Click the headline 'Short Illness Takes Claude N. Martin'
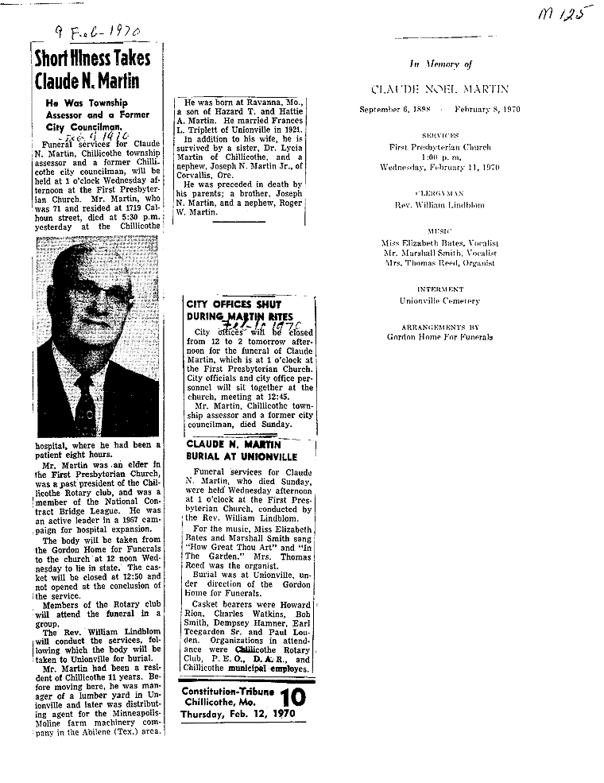[x=87, y=70]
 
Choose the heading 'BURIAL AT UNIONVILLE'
[x=241, y=457]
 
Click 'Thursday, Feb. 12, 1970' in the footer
[x=226, y=713]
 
